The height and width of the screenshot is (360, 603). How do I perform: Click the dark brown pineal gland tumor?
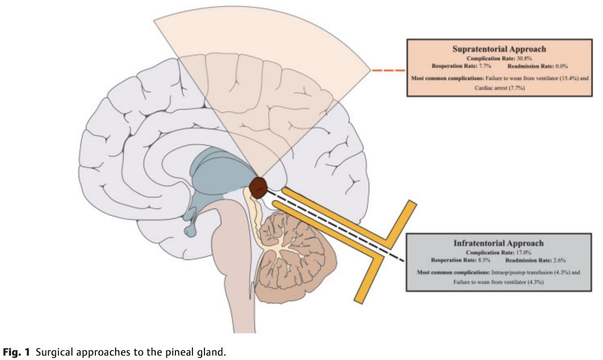[259, 187]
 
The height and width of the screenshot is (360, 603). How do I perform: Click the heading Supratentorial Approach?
[499, 49]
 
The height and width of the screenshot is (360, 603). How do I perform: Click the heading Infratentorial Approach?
[498, 243]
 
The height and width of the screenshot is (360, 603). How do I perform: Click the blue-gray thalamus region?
[221, 176]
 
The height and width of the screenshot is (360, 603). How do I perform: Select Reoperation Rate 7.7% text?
[458, 66]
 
